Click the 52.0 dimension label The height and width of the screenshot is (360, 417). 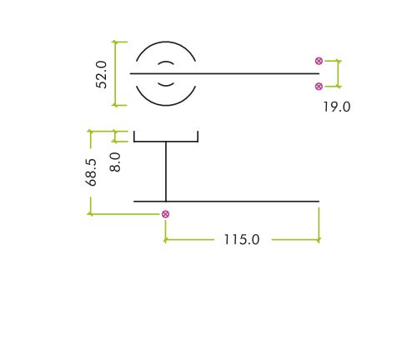click(x=101, y=75)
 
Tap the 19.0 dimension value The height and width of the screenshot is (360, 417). click(x=337, y=107)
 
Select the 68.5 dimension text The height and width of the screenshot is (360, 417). click(x=91, y=172)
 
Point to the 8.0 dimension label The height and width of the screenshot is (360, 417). click(x=115, y=162)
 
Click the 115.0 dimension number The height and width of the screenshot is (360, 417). click(x=242, y=239)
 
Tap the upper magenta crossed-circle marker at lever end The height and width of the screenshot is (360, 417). click(x=319, y=61)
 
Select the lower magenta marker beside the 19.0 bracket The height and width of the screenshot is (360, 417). click(x=319, y=87)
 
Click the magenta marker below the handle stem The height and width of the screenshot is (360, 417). click(x=165, y=214)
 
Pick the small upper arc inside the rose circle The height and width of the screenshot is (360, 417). click(x=166, y=62)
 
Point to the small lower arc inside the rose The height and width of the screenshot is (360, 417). click(x=166, y=85)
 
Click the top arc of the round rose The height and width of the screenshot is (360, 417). click(x=166, y=42)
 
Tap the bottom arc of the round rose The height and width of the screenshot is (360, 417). click(x=166, y=105)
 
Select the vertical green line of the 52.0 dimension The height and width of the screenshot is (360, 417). click(x=116, y=73)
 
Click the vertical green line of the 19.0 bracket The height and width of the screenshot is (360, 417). click(x=339, y=73)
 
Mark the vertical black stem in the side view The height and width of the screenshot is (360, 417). click(x=166, y=172)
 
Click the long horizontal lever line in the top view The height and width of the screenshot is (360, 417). click(x=224, y=73)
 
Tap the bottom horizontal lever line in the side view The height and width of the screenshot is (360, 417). click(x=226, y=201)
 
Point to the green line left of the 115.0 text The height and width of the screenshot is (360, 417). click(x=189, y=239)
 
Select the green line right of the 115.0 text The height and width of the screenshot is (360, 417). click(x=295, y=239)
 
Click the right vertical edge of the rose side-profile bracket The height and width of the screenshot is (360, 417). click(x=198, y=137)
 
